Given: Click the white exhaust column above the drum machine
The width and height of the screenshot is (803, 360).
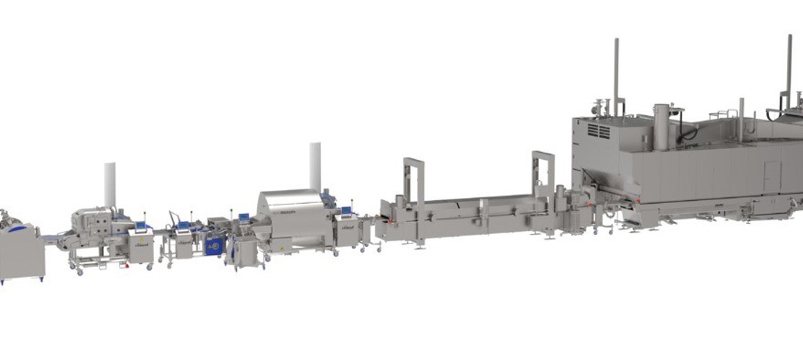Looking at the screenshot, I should click(315, 166).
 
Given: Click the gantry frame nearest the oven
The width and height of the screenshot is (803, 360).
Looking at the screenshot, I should click(543, 173).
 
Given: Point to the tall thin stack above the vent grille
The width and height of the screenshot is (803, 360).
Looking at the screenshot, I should click(616, 72).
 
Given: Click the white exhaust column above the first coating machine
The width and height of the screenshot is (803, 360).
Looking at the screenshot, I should click(109, 184).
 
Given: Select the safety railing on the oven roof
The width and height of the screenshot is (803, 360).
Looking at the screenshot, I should click(720, 114).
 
